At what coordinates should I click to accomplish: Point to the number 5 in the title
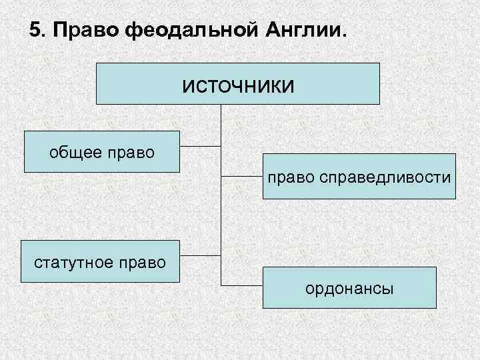[36, 31]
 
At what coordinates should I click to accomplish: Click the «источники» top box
[238, 83]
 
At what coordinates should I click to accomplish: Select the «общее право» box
[102, 152]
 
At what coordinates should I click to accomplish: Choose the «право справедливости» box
[359, 177]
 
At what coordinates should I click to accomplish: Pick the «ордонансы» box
[349, 287]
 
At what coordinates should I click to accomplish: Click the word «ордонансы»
[349, 289]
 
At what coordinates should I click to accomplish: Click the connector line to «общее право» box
[200, 146]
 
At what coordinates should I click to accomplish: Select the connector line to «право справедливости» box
[241, 177]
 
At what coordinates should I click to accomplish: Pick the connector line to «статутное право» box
[200, 255]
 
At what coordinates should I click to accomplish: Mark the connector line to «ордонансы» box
[241, 285]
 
